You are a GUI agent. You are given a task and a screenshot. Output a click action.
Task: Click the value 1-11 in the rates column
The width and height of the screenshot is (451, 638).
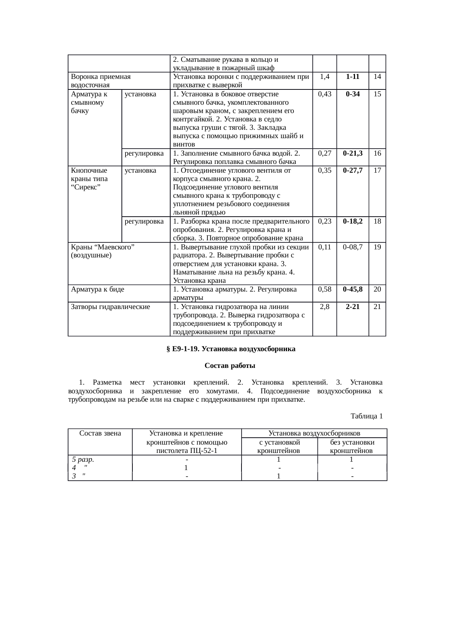point(352,77)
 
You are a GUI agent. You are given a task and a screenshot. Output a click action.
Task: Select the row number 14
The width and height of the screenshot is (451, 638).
point(377,77)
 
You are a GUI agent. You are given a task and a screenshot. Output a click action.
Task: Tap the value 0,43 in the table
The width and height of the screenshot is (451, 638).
point(324,94)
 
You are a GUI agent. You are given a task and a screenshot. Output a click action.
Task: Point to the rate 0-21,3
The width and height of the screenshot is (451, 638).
point(352,153)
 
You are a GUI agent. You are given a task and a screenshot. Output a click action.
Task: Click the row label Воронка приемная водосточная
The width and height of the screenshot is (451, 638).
point(101,81)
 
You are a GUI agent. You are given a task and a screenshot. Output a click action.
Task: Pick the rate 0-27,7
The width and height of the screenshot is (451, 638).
point(352,170)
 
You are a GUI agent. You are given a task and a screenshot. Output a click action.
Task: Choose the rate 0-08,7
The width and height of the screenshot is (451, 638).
point(352,247)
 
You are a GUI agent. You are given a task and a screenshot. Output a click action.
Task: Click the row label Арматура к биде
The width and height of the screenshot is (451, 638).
point(98,289)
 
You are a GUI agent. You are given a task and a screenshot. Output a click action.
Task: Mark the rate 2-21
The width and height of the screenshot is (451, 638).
point(352,306)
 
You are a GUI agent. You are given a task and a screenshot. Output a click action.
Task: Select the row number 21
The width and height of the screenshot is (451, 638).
point(377,306)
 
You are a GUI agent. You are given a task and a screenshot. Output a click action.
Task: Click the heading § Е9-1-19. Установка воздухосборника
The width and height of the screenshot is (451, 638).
point(231,349)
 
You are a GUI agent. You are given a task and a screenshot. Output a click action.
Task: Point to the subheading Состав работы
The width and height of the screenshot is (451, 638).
point(230,365)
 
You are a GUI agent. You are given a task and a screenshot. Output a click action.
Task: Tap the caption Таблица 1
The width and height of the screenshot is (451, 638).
point(366,416)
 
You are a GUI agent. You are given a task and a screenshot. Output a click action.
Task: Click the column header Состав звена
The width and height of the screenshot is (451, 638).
point(100,433)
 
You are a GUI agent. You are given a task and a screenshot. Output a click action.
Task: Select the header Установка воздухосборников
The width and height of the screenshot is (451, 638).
point(314,433)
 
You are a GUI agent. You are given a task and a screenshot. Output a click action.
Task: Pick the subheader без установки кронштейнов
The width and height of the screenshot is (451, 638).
point(352,446)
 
